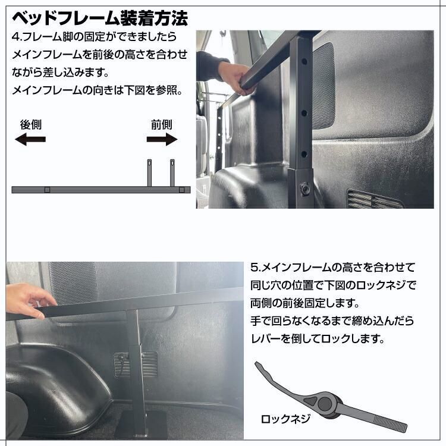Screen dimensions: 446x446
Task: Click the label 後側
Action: pos(30,125)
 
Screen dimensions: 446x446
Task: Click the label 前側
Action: pos(161,125)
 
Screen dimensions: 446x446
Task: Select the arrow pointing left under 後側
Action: pos(30,140)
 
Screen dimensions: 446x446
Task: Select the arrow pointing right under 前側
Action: pos(162,140)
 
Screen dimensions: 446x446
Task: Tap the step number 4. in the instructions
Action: pos(15,37)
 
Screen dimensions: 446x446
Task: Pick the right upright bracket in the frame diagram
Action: pos(172,172)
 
